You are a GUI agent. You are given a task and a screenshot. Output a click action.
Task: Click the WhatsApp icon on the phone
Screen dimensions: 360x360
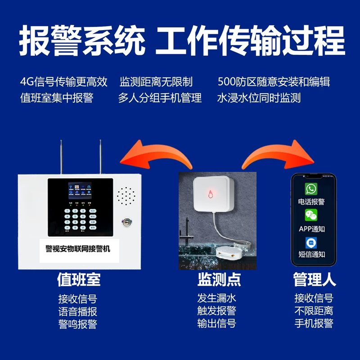[x=311, y=189]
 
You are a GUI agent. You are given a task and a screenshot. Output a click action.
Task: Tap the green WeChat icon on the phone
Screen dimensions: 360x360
[x=311, y=215]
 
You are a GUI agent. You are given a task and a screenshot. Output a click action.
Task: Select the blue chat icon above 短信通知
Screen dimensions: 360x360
[x=311, y=243]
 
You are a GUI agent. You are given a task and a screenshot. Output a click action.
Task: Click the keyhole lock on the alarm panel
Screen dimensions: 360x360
[x=127, y=222]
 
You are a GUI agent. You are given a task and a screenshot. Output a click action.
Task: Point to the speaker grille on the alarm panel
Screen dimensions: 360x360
[x=126, y=196]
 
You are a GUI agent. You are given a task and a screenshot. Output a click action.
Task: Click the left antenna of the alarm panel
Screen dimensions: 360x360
[x=61, y=157]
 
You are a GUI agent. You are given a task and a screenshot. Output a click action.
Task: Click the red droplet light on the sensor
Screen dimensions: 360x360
[x=210, y=194]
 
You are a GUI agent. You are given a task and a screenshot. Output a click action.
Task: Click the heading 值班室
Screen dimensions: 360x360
[x=79, y=279]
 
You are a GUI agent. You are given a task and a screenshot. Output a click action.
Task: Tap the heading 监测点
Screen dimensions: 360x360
[x=219, y=279]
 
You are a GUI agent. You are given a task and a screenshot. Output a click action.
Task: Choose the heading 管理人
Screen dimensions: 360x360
[x=315, y=279]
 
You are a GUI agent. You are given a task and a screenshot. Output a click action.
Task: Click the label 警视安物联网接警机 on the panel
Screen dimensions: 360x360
[x=78, y=249]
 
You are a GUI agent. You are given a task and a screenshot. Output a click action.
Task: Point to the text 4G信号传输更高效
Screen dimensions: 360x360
[x=63, y=82]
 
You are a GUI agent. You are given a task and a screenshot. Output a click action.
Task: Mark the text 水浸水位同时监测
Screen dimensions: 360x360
[x=259, y=98]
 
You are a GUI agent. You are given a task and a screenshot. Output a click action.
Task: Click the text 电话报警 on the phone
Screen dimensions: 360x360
[x=311, y=202]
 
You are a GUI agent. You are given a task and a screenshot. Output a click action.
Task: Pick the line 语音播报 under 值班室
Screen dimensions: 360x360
[x=77, y=311]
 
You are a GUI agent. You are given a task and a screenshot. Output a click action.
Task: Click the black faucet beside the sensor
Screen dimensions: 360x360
[x=186, y=232]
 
